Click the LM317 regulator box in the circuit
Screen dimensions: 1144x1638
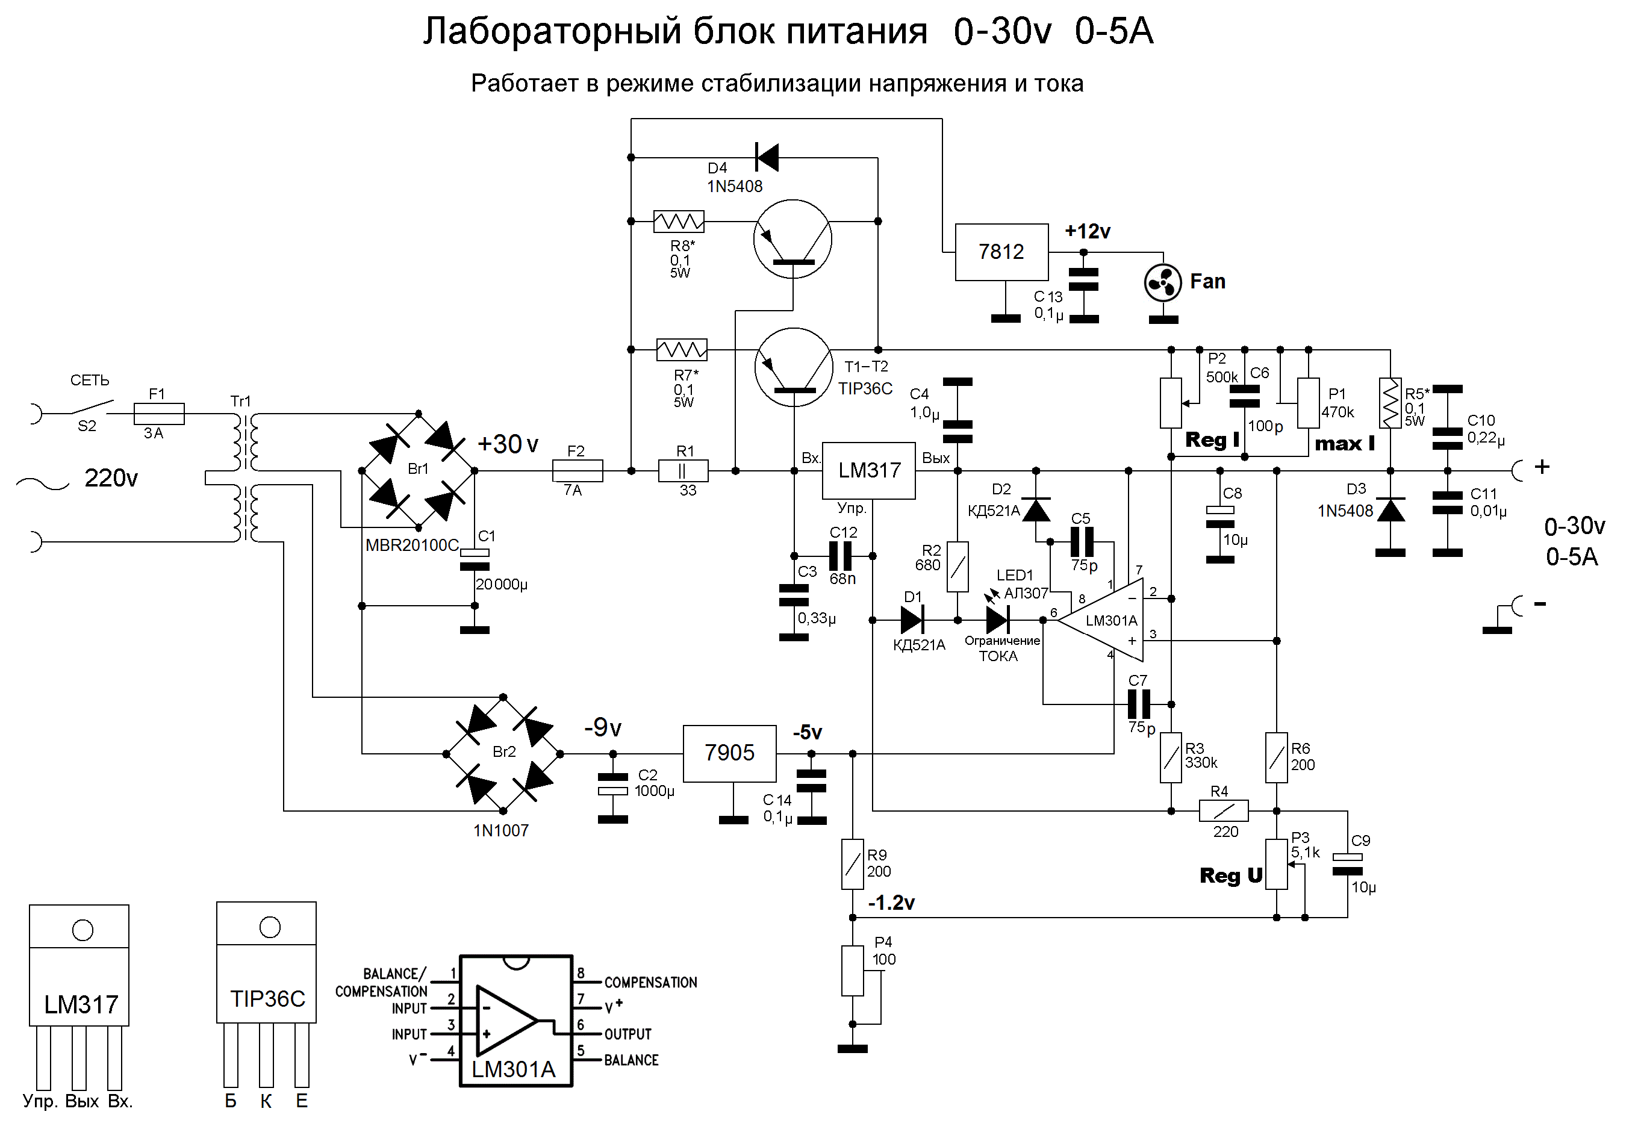pyautogui.click(x=868, y=471)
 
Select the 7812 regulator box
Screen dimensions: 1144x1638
pyautogui.click(x=1001, y=252)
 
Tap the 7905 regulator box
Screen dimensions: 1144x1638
pyautogui.click(x=729, y=753)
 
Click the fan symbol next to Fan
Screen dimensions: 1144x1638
pyautogui.click(x=1162, y=283)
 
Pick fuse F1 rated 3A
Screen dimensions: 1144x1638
pyautogui.click(x=158, y=414)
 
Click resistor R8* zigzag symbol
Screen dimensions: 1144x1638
pyautogui.click(x=679, y=221)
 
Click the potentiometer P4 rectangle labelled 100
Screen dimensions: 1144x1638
pyautogui.click(x=853, y=971)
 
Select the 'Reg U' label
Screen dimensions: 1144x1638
pyautogui.click(x=1231, y=876)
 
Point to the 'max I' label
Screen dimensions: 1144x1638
pyautogui.click(x=1344, y=444)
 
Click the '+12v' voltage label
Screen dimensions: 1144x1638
pyautogui.click(x=1087, y=232)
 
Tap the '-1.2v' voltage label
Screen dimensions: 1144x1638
pyautogui.click(x=891, y=904)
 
